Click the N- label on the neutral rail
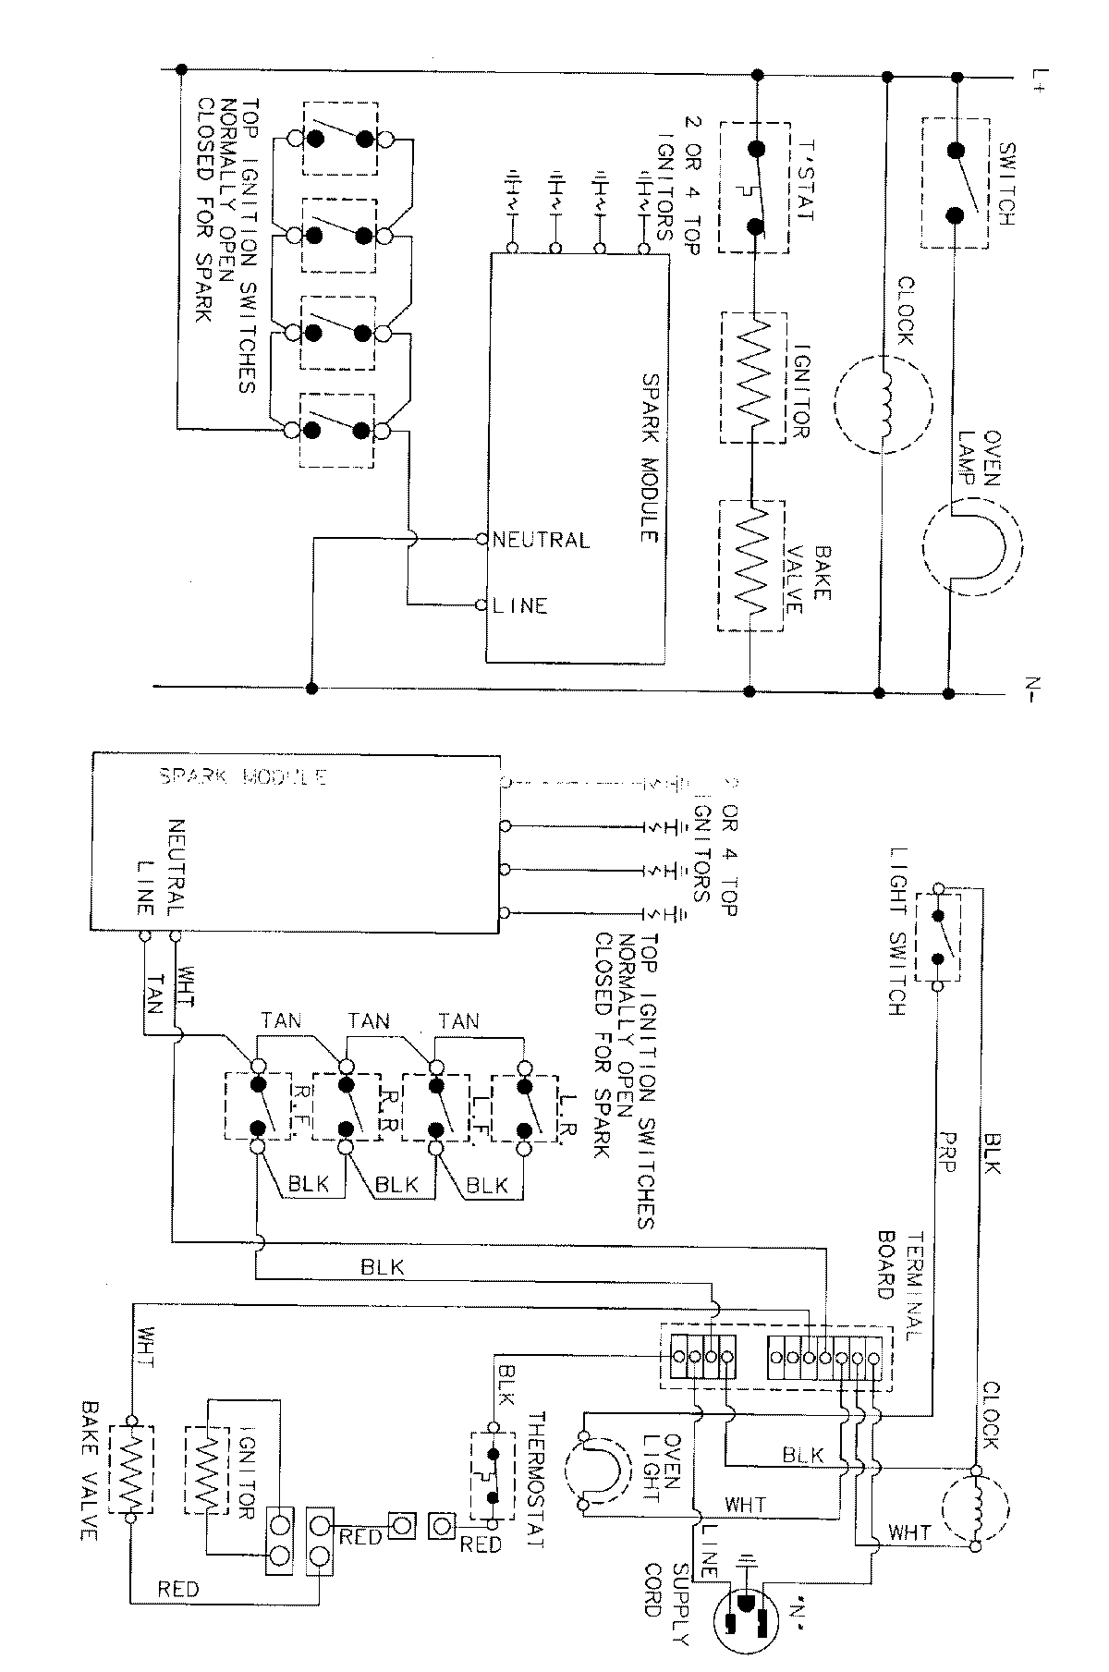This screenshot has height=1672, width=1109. tap(1033, 689)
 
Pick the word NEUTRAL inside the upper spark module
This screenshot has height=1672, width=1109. tap(541, 539)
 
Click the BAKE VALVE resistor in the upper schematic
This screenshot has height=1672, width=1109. tap(751, 566)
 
